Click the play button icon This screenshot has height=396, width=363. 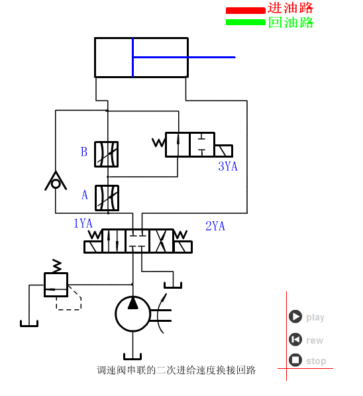coord(295,317)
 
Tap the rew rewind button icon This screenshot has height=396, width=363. coord(295,340)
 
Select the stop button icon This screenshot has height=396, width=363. coord(295,361)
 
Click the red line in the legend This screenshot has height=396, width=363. coord(245,11)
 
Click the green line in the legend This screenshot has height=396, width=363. coord(245,22)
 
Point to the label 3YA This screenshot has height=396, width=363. coord(227,166)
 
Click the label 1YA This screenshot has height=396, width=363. coord(83,223)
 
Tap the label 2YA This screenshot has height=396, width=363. coord(215,226)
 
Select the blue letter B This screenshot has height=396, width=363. coord(84,152)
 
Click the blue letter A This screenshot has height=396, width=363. coord(84,195)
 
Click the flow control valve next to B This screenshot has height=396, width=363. coord(107,154)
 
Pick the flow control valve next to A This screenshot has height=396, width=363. coord(107,197)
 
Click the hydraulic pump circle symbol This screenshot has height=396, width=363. coord(132,313)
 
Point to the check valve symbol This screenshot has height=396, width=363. coord(56,181)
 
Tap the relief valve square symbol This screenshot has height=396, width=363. coord(56,285)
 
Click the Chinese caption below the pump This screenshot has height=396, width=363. coord(176,370)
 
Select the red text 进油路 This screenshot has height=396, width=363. coord(290,8)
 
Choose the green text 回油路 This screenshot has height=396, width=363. coord(290,23)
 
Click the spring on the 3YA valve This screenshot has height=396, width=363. coord(158,142)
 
